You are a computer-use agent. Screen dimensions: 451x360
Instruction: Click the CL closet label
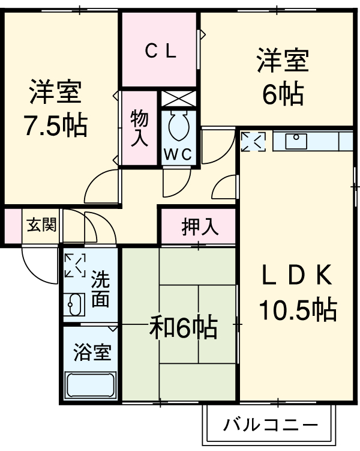click(x=160, y=52)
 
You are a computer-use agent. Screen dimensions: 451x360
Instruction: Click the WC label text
click(x=178, y=154)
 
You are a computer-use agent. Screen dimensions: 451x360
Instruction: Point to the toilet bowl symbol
click(x=178, y=126)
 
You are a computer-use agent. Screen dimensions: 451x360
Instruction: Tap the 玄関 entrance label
click(x=41, y=226)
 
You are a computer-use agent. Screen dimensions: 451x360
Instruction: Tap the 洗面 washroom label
click(x=100, y=289)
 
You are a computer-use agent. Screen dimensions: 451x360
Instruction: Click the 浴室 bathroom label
click(x=92, y=353)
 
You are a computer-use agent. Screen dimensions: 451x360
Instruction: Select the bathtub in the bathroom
click(x=91, y=384)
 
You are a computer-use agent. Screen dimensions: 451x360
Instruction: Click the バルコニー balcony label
click(x=270, y=427)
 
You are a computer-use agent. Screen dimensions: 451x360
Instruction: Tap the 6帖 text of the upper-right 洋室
click(x=282, y=93)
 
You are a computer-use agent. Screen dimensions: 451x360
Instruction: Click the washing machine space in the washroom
click(x=76, y=266)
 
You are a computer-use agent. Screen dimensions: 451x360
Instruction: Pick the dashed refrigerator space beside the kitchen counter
click(x=253, y=142)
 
